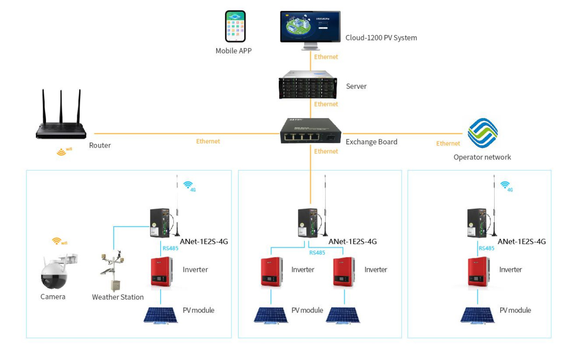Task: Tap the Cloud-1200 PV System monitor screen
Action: click(310, 27)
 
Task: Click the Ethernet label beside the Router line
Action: click(208, 141)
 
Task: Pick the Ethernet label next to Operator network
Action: click(448, 143)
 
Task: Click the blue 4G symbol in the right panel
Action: click(506, 185)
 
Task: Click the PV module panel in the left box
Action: click(161, 315)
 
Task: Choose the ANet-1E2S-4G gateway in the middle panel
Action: click(306, 223)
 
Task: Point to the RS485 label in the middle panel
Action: click(317, 252)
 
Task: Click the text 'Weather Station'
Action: click(118, 297)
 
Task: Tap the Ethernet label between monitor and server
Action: click(326, 57)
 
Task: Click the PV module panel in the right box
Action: click(478, 315)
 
